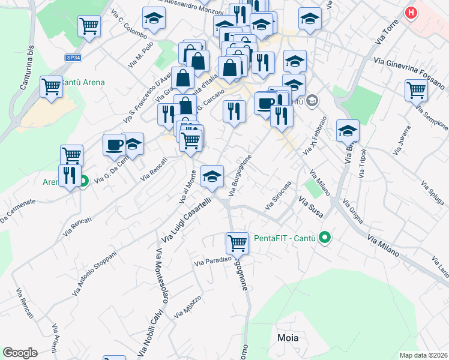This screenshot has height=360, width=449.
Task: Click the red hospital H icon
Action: [x=411, y=13]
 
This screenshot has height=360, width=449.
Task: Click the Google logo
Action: [x=20, y=353]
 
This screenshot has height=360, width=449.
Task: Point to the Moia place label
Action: [x=288, y=338]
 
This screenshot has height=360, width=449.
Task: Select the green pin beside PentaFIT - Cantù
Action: [x=325, y=238]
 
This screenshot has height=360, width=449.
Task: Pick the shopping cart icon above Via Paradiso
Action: [x=238, y=242]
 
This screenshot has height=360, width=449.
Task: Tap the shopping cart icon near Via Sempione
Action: [x=416, y=90]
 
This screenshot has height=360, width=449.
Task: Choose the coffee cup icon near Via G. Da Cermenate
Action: [x=114, y=144]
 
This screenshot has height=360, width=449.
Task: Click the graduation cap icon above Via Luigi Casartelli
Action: [x=212, y=176]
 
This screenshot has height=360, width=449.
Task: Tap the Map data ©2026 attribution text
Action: [x=423, y=355]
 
